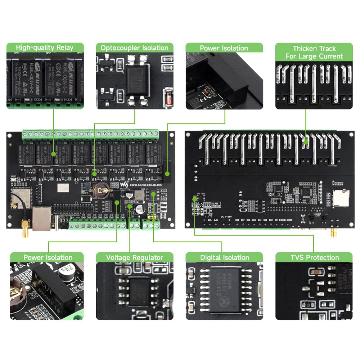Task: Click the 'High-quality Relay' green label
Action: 45,48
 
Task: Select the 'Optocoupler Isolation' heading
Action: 134,48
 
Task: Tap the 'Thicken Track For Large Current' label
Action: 314,52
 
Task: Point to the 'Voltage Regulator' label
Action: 134,257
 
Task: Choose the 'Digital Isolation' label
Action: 224,257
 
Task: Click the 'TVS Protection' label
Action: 314,257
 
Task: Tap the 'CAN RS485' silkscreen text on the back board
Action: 215,204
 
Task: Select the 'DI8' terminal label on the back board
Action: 237,220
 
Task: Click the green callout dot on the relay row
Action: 53,154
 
